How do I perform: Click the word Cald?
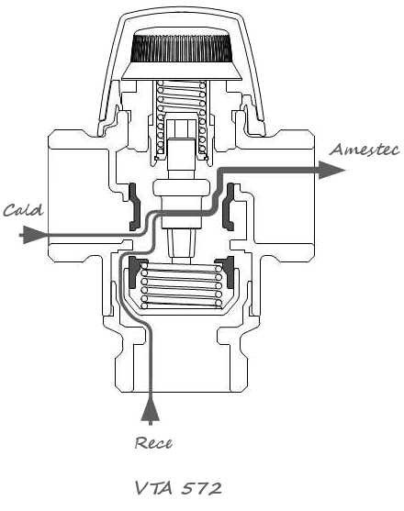pos(23,210)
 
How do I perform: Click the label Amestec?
pos(365,150)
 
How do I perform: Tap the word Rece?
pos(153,443)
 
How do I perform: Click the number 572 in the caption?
pos(201,488)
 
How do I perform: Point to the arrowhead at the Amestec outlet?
pos(331,170)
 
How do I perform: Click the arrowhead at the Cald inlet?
pos(33,235)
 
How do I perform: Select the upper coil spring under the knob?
pos(181,119)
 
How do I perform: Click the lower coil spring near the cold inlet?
pos(181,286)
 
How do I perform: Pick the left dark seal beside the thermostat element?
pos(134,206)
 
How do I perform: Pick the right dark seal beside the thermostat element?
pos(229,206)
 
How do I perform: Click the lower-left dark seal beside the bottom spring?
pos(133,272)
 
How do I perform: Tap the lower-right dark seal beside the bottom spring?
pos(228,272)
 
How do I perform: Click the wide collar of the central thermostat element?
pos(181,188)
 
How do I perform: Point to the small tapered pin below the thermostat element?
pos(181,244)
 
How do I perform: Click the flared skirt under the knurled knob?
pos(181,71)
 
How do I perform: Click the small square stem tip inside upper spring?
pos(181,128)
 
